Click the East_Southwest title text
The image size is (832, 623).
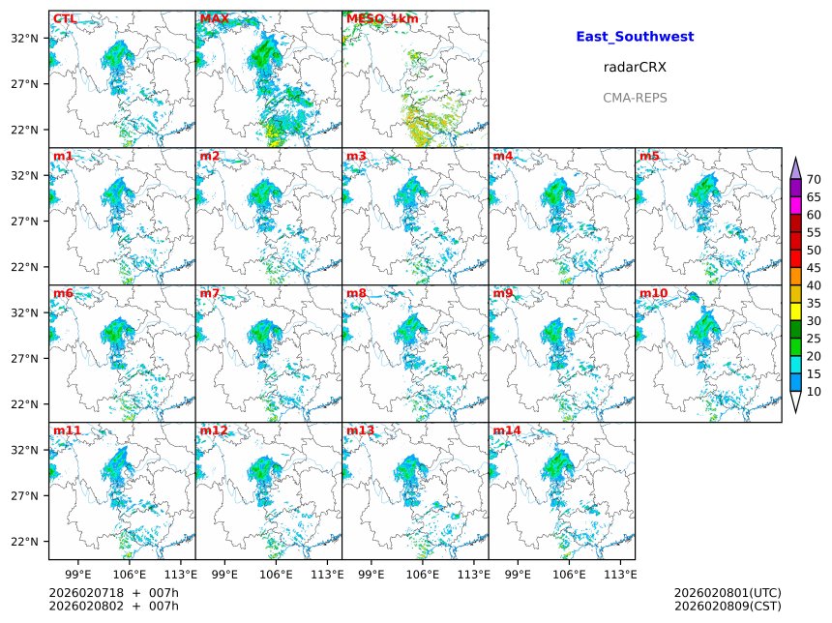(x=635, y=37)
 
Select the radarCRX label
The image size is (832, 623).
(x=635, y=68)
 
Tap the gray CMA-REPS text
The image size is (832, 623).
(x=635, y=98)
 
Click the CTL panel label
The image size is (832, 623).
(x=65, y=18)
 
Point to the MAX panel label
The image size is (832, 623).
(x=214, y=18)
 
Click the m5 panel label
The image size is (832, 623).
(x=649, y=156)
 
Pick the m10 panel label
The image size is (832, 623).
(x=653, y=293)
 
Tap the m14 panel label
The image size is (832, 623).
(x=506, y=430)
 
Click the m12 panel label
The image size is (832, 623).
(x=214, y=430)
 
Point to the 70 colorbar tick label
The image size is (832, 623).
(x=814, y=180)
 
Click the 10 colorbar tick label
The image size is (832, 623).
(x=814, y=392)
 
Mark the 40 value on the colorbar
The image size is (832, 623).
(x=814, y=285)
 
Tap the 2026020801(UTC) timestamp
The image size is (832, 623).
(x=727, y=592)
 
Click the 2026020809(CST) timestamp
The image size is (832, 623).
(x=727, y=607)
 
